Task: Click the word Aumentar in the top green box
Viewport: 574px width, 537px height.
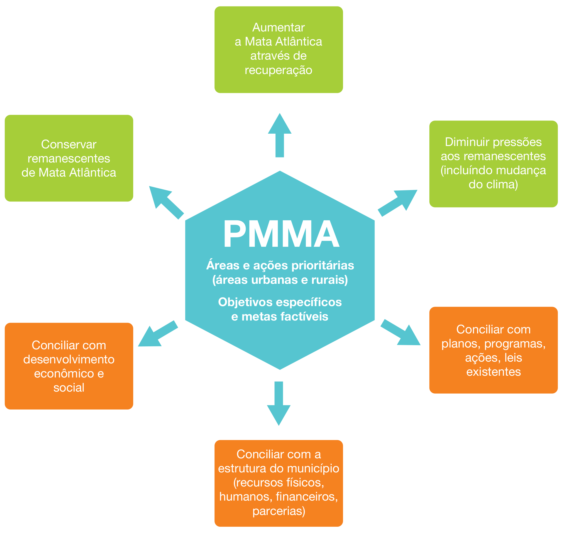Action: click(278, 28)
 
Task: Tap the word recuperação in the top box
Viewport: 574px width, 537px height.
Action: click(278, 70)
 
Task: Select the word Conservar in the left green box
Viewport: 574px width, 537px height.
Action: click(69, 144)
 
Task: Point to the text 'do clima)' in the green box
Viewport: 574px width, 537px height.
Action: click(493, 184)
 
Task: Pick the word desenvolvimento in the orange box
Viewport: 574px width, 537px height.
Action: click(69, 360)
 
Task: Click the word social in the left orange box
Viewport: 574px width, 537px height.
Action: click(69, 388)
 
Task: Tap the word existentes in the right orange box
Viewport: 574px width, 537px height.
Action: click(493, 372)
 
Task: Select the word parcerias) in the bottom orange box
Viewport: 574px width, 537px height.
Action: click(279, 511)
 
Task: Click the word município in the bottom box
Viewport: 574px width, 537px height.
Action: click(318, 469)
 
